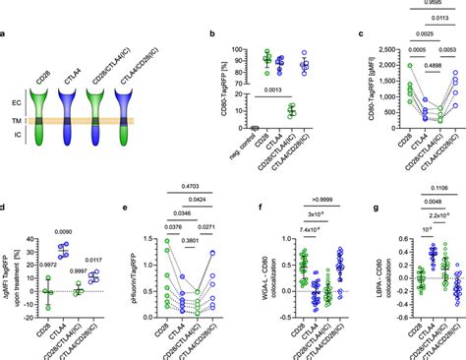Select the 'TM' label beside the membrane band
point(20,121)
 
